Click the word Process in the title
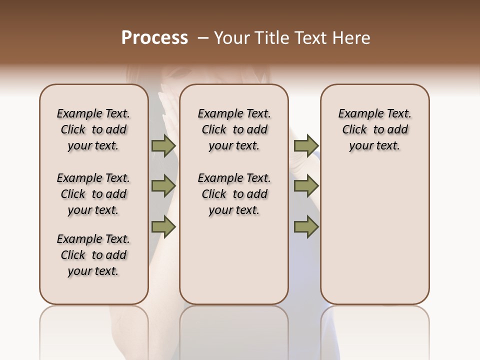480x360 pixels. pyautogui.click(x=154, y=38)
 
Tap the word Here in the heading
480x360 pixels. pyautogui.click(x=352, y=38)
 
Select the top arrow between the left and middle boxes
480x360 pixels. pyautogui.click(x=163, y=145)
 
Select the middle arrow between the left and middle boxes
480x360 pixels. pyautogui.click(x=163, y=186)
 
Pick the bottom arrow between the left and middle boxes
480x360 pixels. pyautogui.click(x=163, y=226)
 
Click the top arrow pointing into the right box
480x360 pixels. pyautogui.click(x=306, y=145)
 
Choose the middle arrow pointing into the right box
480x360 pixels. pyautogui.click(x=306, y=186)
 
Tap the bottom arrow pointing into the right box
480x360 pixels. pyautogui.click(x=306, y=226)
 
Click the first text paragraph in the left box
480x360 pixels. pyautogui.click(x=93, y=129)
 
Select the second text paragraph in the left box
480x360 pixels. pyautogui.click(x=93, y=194)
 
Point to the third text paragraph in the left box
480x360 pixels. pyautogui.click(x=93, y=255)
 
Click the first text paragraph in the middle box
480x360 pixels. pyautogui.click(x=234, y=129)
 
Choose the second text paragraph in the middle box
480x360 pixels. pyautogui.click(x=234, y=194)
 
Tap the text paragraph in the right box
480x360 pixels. pyautogui.click(x=375, y=129)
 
